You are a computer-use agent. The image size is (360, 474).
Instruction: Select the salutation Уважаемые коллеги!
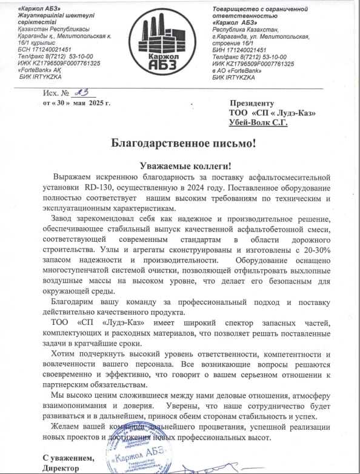coord(180,165)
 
